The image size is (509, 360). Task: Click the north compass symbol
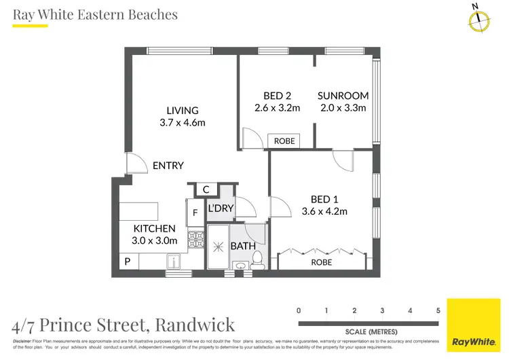click(x=479, y=20)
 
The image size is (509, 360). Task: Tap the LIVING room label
click(x=183, y=111)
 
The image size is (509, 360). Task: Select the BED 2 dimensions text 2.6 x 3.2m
click(x=277, y=108)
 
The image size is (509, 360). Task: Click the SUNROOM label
click(x=343, y=96)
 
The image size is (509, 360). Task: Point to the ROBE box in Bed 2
click(x=284, y=141)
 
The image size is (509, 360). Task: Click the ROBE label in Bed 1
click(x=322, y=262)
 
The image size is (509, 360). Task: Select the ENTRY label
click(x=168, y=166)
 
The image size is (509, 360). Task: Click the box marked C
click(x=205, y=190)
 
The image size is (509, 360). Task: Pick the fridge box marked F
click(x=195, y=213)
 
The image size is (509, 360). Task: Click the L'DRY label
click(x=221, y=208)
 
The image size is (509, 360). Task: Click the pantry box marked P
click(x=126, y=261)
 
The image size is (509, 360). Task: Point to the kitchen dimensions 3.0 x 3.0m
click(x=155, y=240)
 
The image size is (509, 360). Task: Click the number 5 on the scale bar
click(x=438, y=310)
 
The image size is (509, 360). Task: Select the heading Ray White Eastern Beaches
click(x=95, y=14)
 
